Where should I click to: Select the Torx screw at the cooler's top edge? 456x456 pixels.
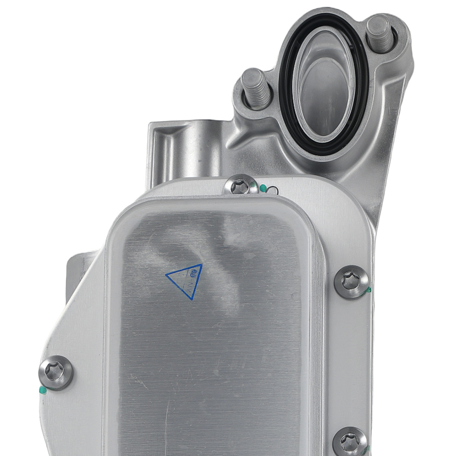click(x=240, y=186)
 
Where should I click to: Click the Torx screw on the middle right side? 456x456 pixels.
click(x=352, y=281)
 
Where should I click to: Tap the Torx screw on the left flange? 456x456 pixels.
click(x=56, y=372)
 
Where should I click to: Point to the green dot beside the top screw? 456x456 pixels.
click(x=263, y=187)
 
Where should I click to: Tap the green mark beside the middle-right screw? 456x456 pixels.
click(x=368, y=290)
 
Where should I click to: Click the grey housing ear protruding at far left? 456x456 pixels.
click(x=75, y=274)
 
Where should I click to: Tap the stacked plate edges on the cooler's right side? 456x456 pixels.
click(x=319, y=319)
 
